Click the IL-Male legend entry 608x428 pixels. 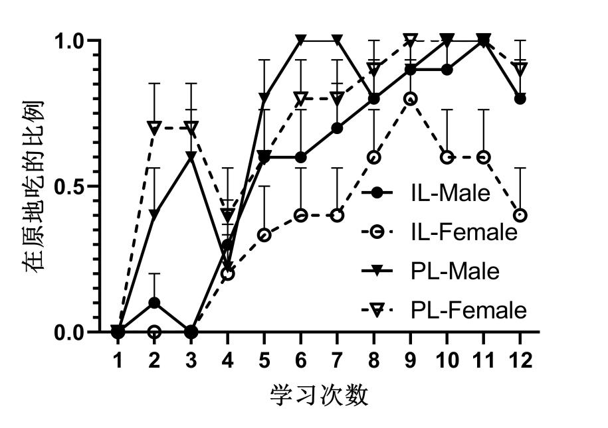pos(450,194)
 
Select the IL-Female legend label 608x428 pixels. pos(464,232)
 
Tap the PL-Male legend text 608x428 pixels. pos(455,271)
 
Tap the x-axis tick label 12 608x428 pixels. pos(520,360)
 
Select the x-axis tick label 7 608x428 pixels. pos(337,360)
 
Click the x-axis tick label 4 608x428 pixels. pos(227,360)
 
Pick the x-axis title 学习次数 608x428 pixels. pos(319,396)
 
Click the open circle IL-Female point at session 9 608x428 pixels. pos(410,99)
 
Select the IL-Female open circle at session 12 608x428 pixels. pos(520,216)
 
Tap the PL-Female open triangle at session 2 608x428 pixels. pos(154,127)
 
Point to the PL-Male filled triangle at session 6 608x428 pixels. pos(300,40)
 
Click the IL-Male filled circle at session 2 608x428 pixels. pos(154,303)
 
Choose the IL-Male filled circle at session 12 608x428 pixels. pos(520,99)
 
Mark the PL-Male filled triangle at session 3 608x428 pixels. pos(191,157)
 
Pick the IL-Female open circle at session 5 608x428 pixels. pos(264,235)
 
